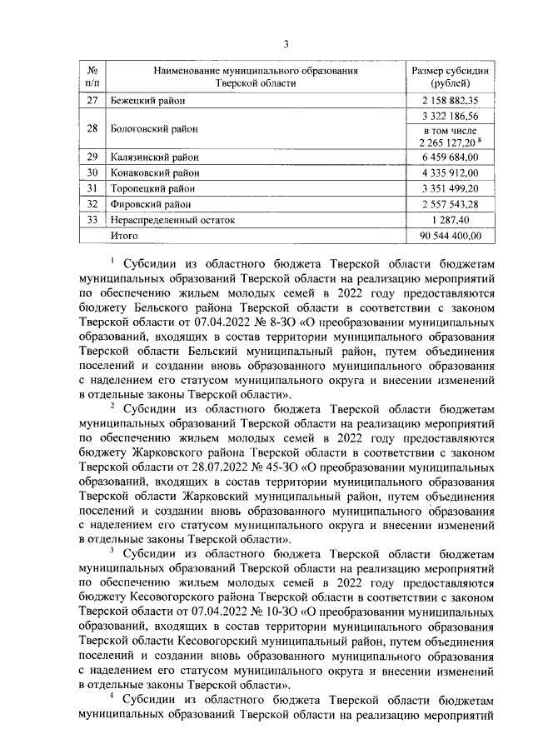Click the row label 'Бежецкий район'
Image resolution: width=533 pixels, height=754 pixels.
(148, 101)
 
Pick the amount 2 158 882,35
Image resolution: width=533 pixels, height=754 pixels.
(451, 101)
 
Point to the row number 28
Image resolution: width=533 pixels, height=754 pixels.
(94, 129)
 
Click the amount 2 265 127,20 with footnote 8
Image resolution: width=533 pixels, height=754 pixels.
(449, 142)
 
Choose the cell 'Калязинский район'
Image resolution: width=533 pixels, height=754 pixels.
(155, 157)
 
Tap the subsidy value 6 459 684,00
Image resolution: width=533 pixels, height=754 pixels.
(451, 157)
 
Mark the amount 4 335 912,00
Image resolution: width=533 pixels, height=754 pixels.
(451, 173)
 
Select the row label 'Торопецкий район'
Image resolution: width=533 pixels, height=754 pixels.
(152, 189)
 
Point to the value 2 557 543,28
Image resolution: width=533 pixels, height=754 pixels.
(451, 205)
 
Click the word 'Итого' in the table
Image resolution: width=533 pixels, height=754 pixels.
(126, 237)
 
